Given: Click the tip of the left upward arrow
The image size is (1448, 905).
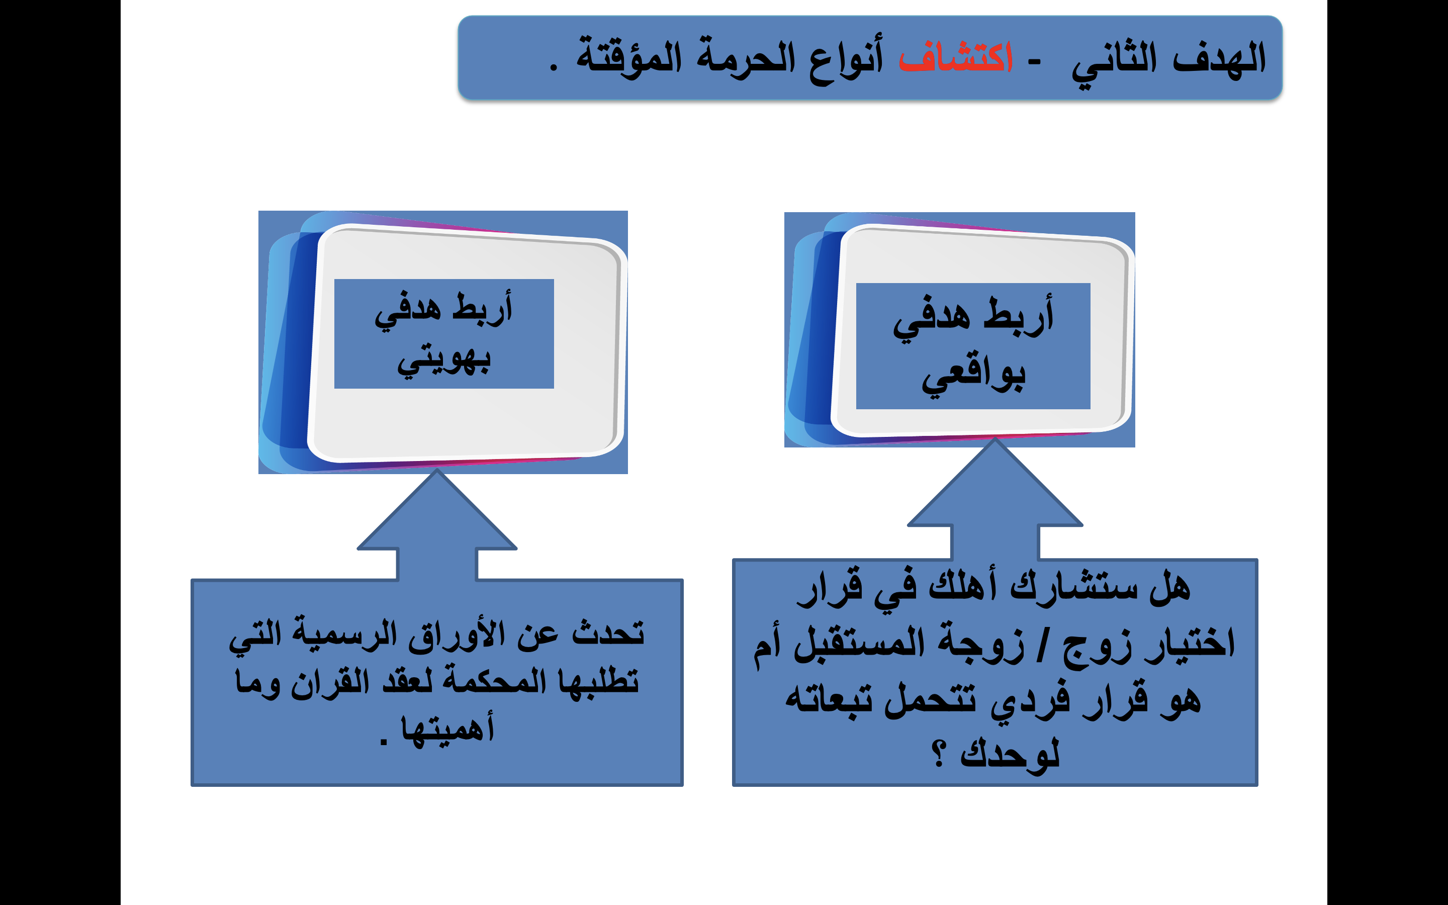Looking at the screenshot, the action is tap(437, 470).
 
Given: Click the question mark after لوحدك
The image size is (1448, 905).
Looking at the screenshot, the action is tap(938, 754).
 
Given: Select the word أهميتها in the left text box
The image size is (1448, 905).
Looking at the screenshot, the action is tap(448, 729).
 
